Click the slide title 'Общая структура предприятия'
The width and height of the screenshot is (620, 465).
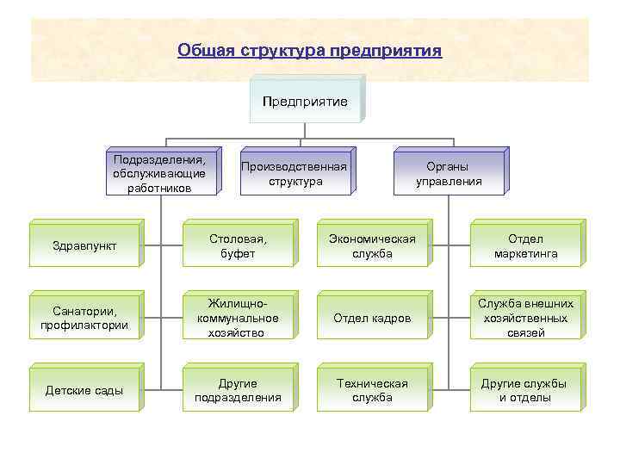point(309,50)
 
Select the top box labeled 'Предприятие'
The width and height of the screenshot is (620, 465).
point(305,102)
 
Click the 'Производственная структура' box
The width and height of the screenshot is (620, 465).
point(294,174)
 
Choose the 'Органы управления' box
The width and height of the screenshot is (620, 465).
point(448,174)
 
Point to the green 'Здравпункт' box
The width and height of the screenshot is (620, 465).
point(84,247)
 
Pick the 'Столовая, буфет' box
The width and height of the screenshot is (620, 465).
point(237,247)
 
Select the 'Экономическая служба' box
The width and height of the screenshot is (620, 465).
point(372,247)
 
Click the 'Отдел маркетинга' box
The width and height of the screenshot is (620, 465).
point(525,247)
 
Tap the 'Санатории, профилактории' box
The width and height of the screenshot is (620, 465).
point(84,319)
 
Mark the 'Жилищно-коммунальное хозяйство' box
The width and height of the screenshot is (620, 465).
point(237,319)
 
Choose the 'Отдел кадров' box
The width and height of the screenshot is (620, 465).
point(372,319)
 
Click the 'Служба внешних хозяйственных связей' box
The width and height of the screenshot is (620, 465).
point(525,319)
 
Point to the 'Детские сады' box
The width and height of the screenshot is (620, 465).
point(84,390)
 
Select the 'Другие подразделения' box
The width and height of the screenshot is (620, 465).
point(237,390)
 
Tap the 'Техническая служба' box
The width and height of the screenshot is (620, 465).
point(372,390)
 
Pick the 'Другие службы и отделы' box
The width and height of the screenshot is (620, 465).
point(525,390)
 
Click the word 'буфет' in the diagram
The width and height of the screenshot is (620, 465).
point(237,255)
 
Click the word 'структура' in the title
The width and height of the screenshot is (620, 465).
point(284,50)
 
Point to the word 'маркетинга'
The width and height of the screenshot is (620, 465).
point(525,255)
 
